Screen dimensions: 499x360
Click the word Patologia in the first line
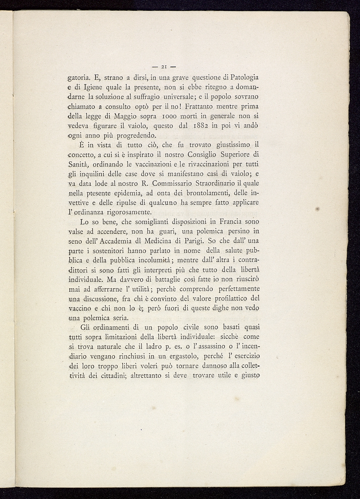[x=245, y=78]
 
